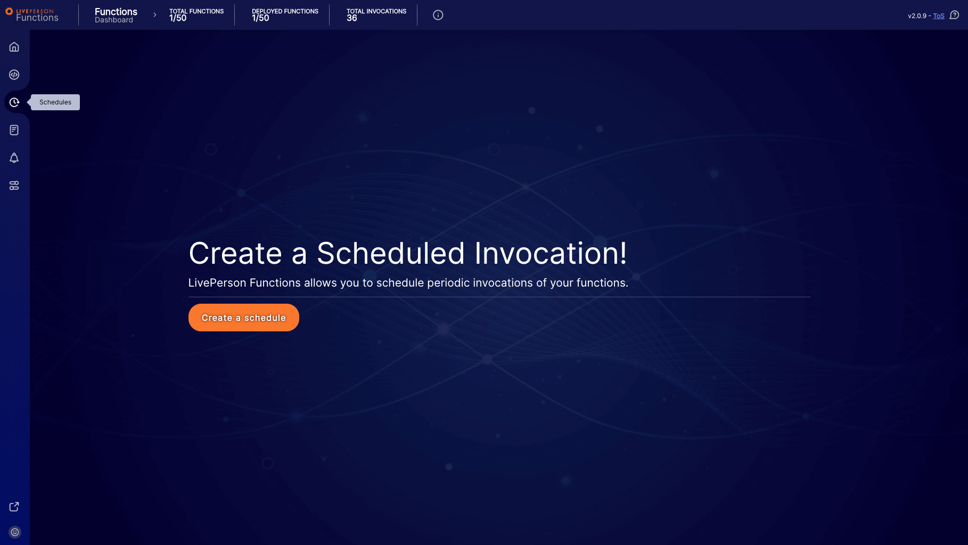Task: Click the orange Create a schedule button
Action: pyautogui.click(x=243, y=318)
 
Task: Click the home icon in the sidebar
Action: pyautogui.click(x=14, y=47)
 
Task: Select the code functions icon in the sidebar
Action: pyautogui.click(x=14, y=75)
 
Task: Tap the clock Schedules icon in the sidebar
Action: pyautogui.click(x=14, y=102)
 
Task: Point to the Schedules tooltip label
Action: pyautogui.click(x=55, y=102)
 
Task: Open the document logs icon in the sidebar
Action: pyautogui.click(x=14, y=130)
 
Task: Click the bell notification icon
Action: pyautogui.click(x=14, y=158)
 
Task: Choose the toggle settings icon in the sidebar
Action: pyautogui.click(x=14, y=185)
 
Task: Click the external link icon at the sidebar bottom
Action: pyautogui.click(x=14, y=507)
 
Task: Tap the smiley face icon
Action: pyautogui.click(x=15, y=532)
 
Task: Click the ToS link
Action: pyautogui.click(x=939, y=16)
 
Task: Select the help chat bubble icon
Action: pyautogui.click(x=954, y=15)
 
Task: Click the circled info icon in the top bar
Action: pyautogui.click(x=438, y=15)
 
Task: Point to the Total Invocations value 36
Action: pyautogui.click(x=352, y=18)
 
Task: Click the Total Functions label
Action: pyautogui.click(x=196, y=11)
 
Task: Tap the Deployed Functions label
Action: pyautogui.click(x=285, y=11)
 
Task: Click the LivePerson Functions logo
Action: pyautogui.click(x=32, y=14)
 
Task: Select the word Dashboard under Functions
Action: pyautogui.click(x=114, y=20)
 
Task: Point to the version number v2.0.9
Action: pyautogui.click(x=917, y=16)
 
